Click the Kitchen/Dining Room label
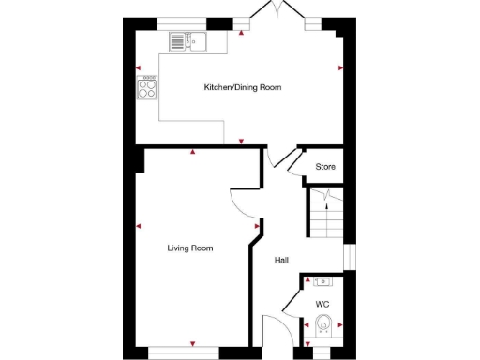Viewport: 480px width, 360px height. tap(243, 87)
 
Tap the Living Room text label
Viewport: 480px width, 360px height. tap(190, 248)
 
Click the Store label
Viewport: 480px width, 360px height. tap(324, 167)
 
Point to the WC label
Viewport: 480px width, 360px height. tap(322, 304)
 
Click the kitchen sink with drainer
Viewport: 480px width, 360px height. tap(187, 40)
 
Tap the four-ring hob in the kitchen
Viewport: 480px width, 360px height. tap(147, 89)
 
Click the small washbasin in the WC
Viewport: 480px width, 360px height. tap(322, 280)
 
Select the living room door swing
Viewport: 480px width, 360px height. tap(244, 200)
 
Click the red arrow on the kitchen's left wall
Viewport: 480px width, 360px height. tap(138, 68)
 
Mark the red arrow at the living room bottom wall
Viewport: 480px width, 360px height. tap(193, 343)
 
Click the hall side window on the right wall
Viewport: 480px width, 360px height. tap(346, 257)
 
